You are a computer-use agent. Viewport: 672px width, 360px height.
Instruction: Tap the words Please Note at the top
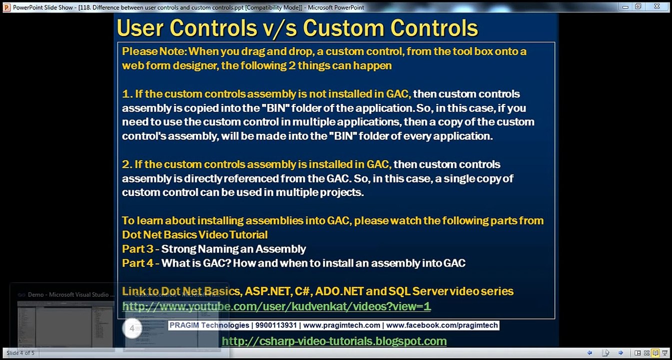pos(154,51)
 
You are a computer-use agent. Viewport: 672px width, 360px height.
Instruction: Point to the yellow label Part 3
pos(137,249)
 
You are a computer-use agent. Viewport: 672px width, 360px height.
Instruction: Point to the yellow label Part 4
pos(137,263)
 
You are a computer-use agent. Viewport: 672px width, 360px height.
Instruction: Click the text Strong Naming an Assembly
pos(233,249)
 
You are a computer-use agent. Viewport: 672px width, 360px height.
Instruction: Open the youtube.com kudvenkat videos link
pos(276,306)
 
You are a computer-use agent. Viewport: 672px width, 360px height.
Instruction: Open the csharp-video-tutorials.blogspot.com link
pos(334,341)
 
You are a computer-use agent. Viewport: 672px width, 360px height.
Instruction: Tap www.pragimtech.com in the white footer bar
pos(341,325)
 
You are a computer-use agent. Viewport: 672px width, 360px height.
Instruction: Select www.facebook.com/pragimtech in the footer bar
pos(442,325)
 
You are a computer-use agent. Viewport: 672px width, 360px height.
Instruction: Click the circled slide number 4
pos(132,328)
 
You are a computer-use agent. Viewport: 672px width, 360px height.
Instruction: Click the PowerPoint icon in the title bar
pos(6,7)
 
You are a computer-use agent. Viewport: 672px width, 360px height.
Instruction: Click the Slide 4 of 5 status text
pos(20,353)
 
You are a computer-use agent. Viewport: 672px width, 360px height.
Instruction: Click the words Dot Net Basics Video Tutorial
pos(194,235)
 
